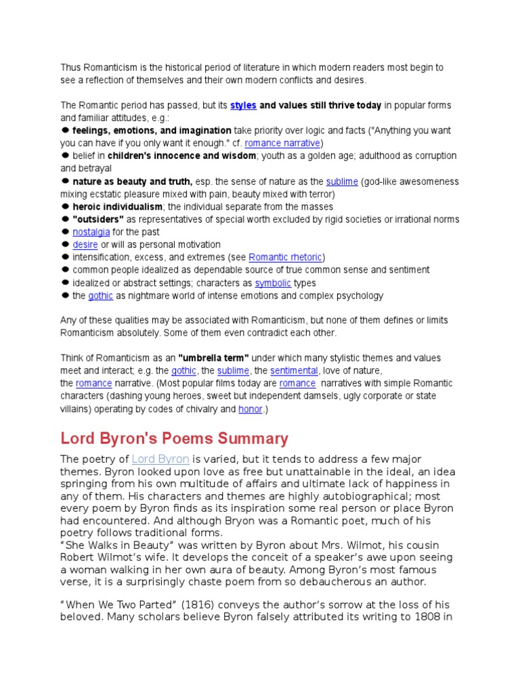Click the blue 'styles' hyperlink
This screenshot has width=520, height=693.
tap(243, 106)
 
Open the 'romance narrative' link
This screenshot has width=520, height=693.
tap(283, 143)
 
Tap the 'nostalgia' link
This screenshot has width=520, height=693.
tap(91, 232)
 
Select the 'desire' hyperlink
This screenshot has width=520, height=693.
tap(85, 245)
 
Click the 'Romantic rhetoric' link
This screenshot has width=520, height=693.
tap(285, 257)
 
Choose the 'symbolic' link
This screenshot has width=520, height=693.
tap(273, 283)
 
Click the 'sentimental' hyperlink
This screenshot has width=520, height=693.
tap(294, 371)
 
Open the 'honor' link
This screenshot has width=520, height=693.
tap(250, 409)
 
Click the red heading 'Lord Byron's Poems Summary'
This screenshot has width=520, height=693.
tap(175, 438)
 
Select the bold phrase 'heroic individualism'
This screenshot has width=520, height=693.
tap(117, 206)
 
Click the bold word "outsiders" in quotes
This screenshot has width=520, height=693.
tap(98, 219)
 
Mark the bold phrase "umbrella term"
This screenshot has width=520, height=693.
tap(213, 358)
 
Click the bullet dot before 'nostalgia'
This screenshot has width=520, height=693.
tap(66, 231)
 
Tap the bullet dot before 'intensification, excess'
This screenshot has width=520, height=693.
tap(66, 257)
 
